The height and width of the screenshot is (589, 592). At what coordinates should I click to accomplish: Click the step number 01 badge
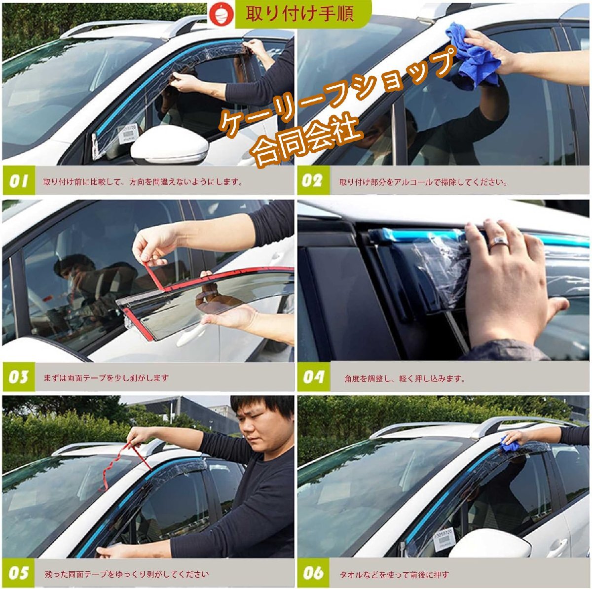[19, 181]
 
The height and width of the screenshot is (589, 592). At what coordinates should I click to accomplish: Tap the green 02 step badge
[313, 180]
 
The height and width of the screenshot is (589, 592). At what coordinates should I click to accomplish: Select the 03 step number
[19, 377]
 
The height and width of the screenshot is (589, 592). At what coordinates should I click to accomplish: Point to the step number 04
[314, 377]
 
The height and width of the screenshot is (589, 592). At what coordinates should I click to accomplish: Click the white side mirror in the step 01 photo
[170, 144]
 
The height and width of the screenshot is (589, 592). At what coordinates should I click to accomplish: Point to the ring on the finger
[497, 241]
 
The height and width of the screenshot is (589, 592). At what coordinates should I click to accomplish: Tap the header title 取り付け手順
[299, 14]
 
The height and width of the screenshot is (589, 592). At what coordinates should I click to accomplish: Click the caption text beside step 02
[423, 182]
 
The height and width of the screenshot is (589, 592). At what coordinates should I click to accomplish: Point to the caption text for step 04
[405, 379]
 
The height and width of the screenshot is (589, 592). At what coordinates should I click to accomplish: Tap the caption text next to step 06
[394, 574]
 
